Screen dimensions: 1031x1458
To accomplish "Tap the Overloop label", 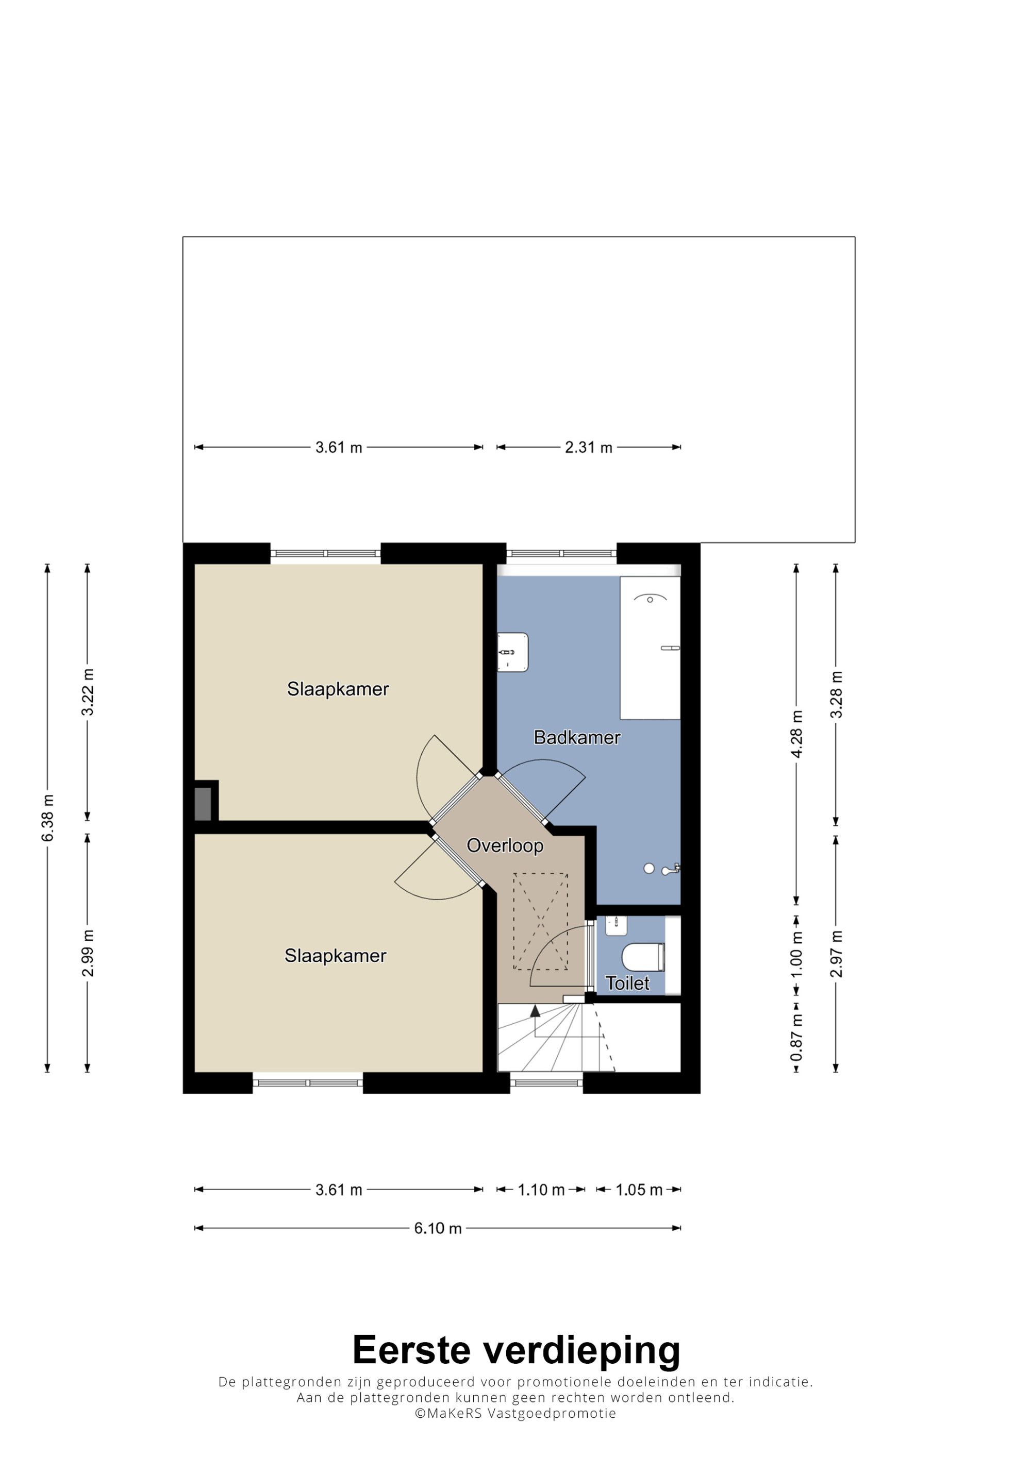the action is [505, 845].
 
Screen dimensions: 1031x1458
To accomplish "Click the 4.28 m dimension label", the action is [796, 734].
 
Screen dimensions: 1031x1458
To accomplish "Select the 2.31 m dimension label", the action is [588, 448].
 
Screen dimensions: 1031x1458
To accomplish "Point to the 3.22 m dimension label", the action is [88, 692].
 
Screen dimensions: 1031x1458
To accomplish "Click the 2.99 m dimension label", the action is [88, 953].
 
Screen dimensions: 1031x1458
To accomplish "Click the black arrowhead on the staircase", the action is [535, 1010].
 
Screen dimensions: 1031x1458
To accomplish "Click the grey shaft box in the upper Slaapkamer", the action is [203, 804].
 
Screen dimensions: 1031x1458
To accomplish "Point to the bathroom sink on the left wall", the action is [512, 652].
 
